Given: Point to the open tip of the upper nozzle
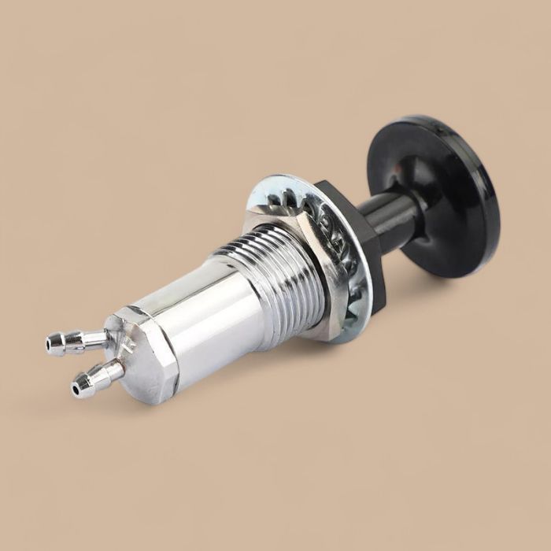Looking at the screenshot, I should click(51, 344).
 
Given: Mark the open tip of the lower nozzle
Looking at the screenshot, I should click(77, 387).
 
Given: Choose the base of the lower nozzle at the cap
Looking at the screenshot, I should click(120, 367).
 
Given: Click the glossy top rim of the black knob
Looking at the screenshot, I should click(425, 126).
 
